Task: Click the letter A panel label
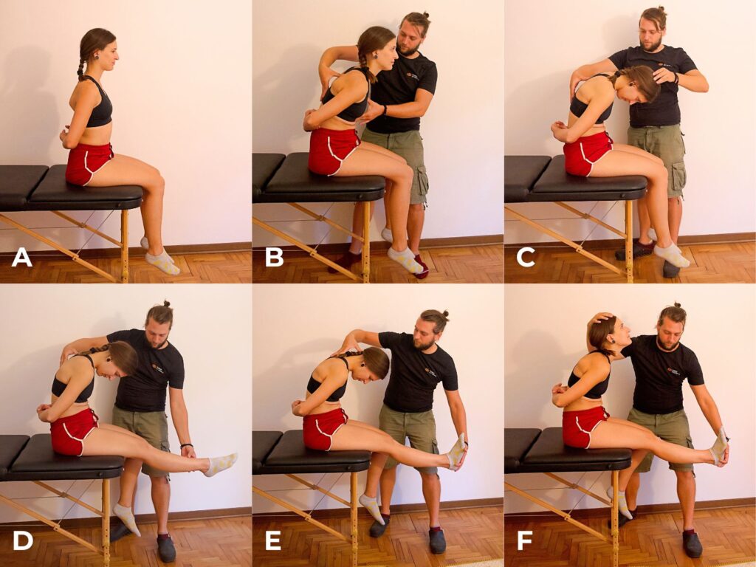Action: coord(21,258)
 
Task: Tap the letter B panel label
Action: coord(274,258)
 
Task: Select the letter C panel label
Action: coord(526,258)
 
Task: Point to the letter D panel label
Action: coord(23,541)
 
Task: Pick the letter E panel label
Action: coord(273,541)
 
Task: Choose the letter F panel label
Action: coord(525,541)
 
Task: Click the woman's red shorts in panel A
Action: coord(89,163)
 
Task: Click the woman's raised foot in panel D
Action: coord(221,464)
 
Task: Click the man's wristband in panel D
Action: coord(187,446)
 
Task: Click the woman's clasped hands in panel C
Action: coord(561,130)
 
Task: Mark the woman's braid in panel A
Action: coord(82,62)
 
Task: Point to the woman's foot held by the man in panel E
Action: coord(456,453)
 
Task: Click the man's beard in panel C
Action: coord(652,44)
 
